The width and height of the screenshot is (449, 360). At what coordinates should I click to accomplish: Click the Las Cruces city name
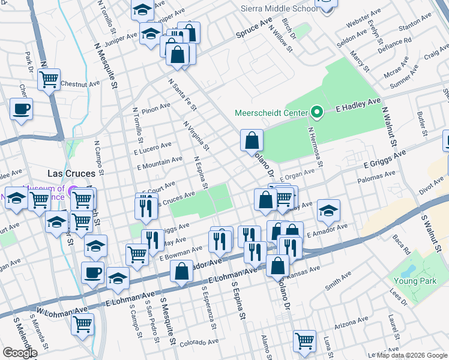[71, 173]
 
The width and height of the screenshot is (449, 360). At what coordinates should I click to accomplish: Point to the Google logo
[20, 353]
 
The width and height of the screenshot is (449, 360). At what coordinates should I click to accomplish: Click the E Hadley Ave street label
[358, 106]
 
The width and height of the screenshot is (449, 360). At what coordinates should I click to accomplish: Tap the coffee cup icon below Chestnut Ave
[21, 109]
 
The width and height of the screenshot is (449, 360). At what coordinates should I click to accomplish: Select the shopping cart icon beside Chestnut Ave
[49, 79]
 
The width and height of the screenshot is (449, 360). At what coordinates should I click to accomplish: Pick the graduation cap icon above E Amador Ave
[328, 211]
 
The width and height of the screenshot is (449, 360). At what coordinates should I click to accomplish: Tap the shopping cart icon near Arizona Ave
[304, 341]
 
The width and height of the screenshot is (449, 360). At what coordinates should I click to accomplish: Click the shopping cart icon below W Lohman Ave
[82, 324]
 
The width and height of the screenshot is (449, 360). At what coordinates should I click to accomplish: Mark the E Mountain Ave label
[160, 161]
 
